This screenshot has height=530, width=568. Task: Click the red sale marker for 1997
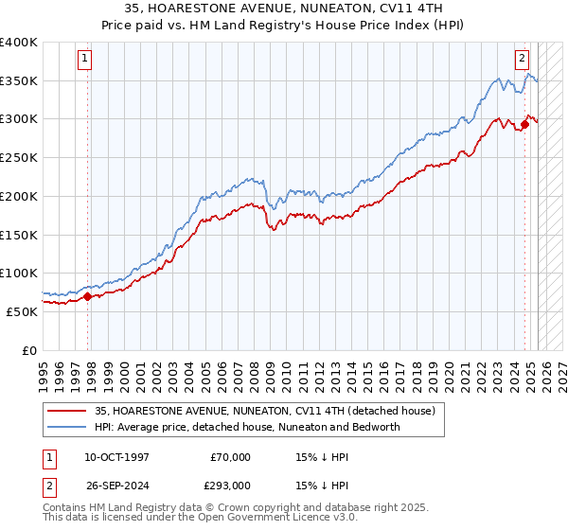coord(88,296)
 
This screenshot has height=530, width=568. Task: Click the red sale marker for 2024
coord(524,123)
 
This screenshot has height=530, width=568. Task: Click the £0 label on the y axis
coord(29,349)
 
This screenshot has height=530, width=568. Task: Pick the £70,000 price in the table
coord(230,457)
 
